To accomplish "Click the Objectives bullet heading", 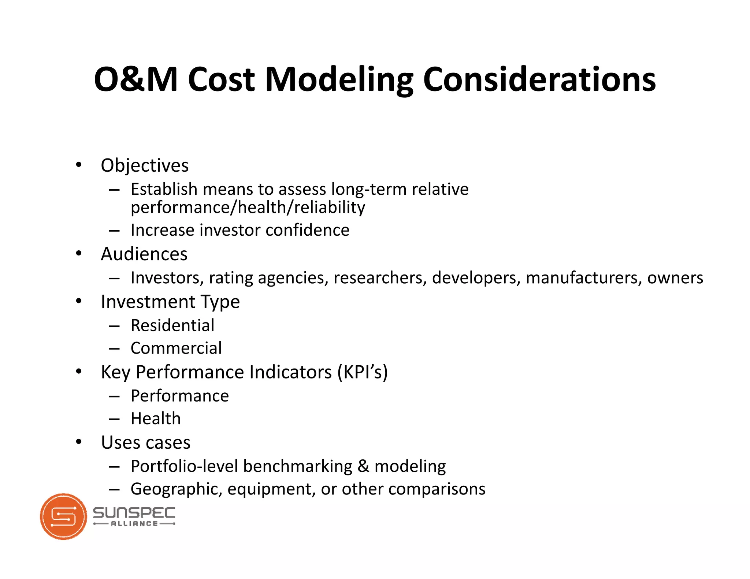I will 145,165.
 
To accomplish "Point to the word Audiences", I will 144,254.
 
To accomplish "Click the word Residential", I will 172,325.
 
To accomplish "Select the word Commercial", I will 176,348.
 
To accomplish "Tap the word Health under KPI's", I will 156,418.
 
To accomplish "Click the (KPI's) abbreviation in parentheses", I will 363,372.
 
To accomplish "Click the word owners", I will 675,278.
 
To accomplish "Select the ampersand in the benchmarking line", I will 363,466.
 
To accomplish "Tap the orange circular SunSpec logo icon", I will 63,516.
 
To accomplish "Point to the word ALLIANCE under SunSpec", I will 134,524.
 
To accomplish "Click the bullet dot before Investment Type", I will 79,301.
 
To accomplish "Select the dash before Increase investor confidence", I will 114,231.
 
